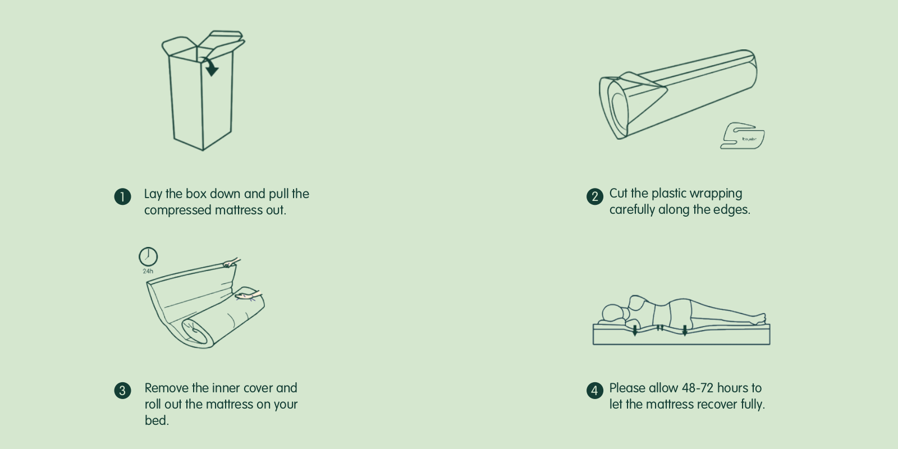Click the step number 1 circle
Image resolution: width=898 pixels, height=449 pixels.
(x=123, y=196)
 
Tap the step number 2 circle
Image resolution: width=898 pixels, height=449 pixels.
(x=595, y=196)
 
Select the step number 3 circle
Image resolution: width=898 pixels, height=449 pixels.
(x=123, y=391)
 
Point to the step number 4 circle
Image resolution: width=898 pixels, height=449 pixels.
(x=595, y=391)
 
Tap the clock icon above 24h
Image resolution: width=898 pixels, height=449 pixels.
(x=148, y=256)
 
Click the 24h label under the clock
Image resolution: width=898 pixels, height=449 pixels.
(x=148, y=272)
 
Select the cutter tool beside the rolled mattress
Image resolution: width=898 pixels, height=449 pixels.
(x=743, y=136)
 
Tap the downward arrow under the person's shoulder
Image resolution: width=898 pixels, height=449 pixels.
(x=635, y=331)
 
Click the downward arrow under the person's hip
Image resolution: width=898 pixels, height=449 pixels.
(x=685, y=331)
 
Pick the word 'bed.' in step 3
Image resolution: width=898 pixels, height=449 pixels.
(x=157, y=420)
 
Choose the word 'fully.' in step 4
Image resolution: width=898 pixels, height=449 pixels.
(x=753, y=405)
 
